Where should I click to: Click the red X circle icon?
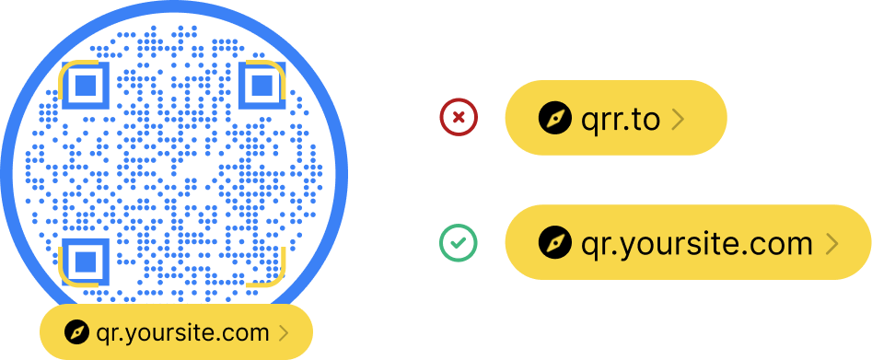tap(459, 118)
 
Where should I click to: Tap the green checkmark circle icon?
tap(459, 243)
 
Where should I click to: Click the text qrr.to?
tap(621, 119)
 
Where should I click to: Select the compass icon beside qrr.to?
tap(555, 119)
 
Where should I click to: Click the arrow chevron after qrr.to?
tap(677, 119)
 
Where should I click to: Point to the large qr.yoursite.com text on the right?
tap(697, 243)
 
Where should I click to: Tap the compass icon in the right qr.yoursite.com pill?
tap(555, 243)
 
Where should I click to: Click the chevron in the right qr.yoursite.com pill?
tap(831, 243)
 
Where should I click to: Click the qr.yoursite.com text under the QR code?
tap(182, 332)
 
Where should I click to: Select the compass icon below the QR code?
tap(77, 332)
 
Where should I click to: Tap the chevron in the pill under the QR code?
tap(283, 332)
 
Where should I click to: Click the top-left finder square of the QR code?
tap(86, 87)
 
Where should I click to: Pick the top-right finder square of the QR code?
tap(262, 87)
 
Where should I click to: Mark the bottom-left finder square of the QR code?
tap(86, 261)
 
